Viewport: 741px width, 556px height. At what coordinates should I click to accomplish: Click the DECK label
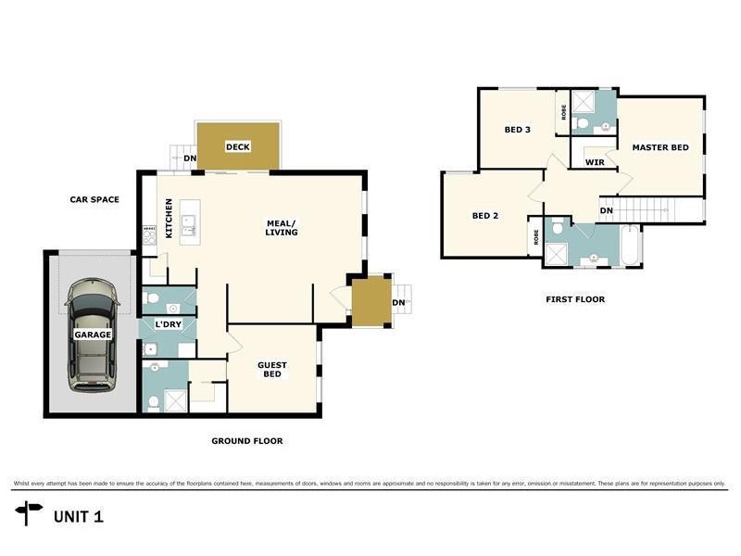238,146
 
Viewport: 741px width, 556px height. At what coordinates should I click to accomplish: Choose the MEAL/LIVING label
282,227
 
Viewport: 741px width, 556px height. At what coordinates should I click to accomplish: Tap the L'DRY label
168,323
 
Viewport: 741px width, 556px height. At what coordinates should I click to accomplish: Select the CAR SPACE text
94,199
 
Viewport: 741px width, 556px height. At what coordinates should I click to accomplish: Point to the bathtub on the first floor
630,245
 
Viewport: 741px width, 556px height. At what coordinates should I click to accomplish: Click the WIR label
596,162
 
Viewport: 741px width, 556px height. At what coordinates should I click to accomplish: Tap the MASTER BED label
659,147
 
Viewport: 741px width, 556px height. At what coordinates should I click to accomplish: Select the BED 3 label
517,130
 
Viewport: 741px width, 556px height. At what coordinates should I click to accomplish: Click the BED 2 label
485,216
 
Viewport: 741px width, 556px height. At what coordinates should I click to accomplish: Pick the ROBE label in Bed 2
536,236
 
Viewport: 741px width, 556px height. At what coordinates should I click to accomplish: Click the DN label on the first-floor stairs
606,210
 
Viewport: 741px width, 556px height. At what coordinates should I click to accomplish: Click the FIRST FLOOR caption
576,299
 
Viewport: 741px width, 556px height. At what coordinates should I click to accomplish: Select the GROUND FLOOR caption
246,441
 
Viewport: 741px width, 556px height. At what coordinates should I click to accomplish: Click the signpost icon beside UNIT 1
30,512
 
